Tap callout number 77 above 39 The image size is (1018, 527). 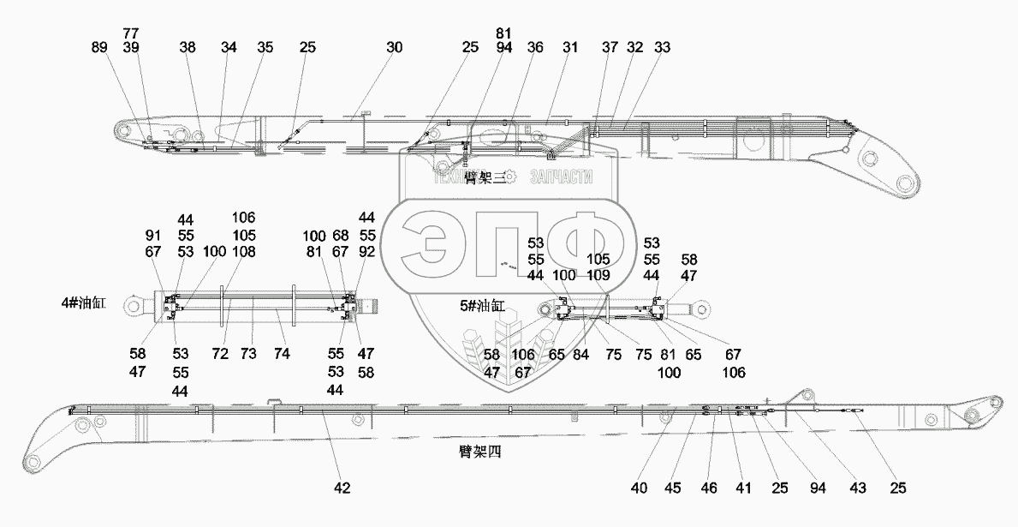pyautogui.click(x=131, y=33)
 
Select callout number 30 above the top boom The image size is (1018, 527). pyautogui.click(x=393, y=48)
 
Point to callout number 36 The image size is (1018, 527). pyautogui.click(x=535, y=48)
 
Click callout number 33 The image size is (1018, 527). pyautogui.click(x=662, y=48)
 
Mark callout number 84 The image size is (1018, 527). pyautogui.click(x=582, y=354)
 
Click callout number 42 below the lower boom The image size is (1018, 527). pyautogui.click(x=342, y=488)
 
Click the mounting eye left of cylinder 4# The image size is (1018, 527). pyautogui.click(x=133, y=305)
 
